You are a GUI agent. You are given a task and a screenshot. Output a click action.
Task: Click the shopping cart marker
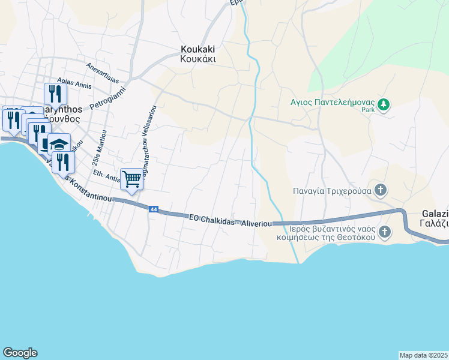coord(131,179)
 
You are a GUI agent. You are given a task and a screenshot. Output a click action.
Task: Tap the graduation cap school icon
coord(59,145)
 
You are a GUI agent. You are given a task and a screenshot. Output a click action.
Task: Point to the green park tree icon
coord(384,105)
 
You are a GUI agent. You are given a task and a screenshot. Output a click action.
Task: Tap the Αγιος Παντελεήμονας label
coord(331,101)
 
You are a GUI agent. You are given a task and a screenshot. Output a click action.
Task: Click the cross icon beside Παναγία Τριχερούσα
coord(379,191)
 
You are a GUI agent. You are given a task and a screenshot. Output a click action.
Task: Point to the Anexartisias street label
coord(103,71)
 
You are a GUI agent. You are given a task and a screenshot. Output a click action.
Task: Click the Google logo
coord(20,353)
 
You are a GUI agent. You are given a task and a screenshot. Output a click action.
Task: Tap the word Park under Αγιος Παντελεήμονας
coord(368,110)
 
